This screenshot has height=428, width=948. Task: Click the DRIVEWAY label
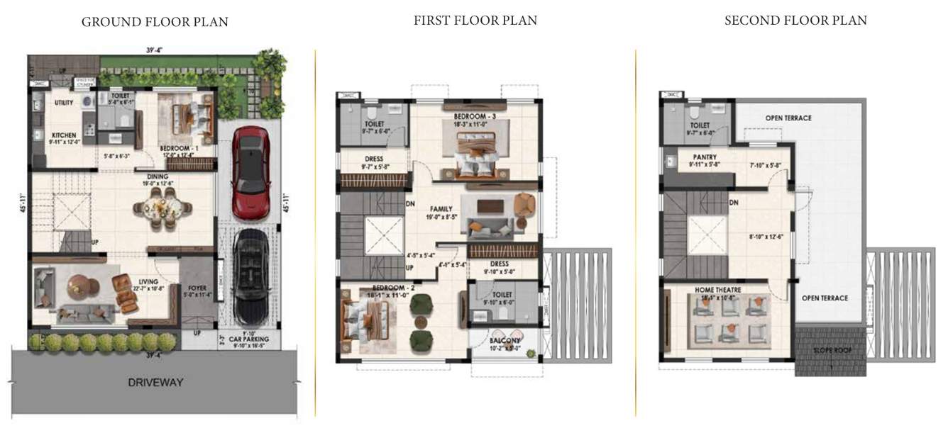click(155, 383)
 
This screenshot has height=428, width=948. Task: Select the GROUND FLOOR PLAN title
click(155, 22)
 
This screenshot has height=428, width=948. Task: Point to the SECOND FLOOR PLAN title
click(795, 21)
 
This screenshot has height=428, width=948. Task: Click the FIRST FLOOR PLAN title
click(475, 21)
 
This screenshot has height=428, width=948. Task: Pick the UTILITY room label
click(64, 103)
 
